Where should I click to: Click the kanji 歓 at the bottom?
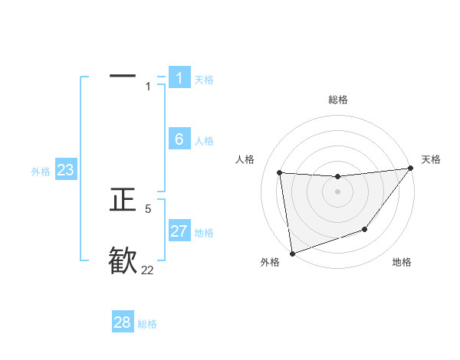tap(123, 260)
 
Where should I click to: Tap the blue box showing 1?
tap(179, 77)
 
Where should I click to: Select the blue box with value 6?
tap(179, 139)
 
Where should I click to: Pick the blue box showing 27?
tap(179, 231)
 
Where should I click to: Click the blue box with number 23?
tap(66, 170)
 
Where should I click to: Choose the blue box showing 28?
tap(123, 322)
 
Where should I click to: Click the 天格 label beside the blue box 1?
tap(204, 79)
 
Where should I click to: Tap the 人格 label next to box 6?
tap(204, 141)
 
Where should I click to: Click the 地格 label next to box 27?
tap(204, 233)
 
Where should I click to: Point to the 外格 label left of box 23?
tap(41, 172)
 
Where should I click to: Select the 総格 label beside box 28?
tap(147, 324)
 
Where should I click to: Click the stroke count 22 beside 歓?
tap(147, 270)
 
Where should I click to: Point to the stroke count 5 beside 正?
tap(148, 208)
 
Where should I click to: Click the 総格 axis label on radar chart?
tap(337, 100)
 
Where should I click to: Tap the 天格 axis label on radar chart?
tap(431, 159)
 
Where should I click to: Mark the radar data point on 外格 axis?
tap(292, 253)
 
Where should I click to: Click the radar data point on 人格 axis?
tap(280, 172)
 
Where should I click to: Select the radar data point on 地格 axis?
tap(365, 229)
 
